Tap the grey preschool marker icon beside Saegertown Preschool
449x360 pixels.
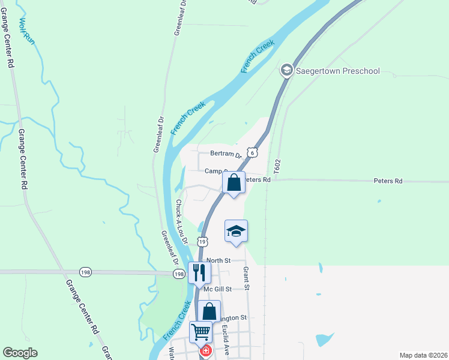[x=286, y=71]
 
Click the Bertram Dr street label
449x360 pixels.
[x=225, y=154]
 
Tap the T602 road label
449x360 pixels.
[x=277, y=167]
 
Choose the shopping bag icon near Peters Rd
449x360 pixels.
[x=234, y=182]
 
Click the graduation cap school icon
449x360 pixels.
[x=237, y=231]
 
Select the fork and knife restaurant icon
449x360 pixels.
[x=199, y=272]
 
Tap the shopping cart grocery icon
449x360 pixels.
[x=201, y=331]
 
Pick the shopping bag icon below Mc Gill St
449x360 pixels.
[x=209, y=311]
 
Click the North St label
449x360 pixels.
[x=218, y=260]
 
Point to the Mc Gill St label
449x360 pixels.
[x=217, y=289]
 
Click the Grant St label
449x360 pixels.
[x=246, y=275]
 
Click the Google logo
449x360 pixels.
[x=20, y=353]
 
